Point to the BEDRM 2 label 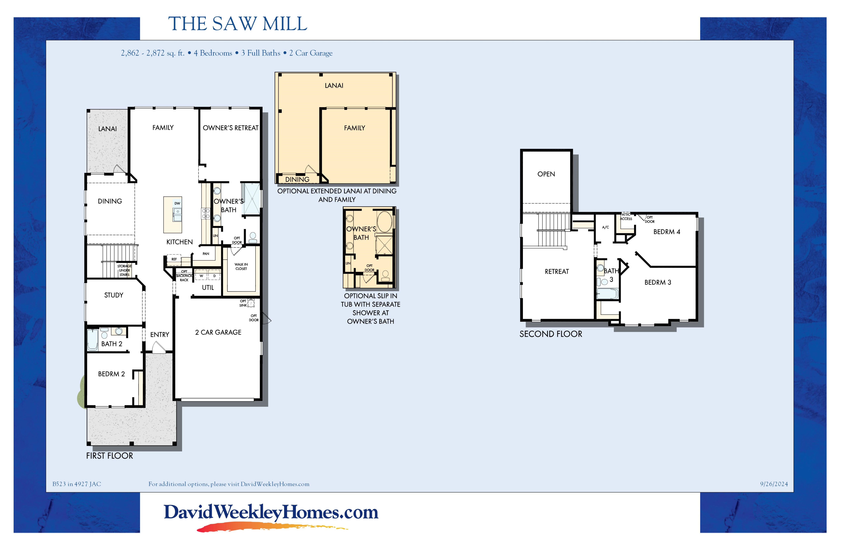point(111,374)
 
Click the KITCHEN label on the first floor point(180,242)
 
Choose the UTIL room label point(208,287)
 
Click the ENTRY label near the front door point(160,334)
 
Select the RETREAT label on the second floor point(557,272)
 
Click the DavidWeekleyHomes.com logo point(271,516)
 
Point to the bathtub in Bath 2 point(93,340)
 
